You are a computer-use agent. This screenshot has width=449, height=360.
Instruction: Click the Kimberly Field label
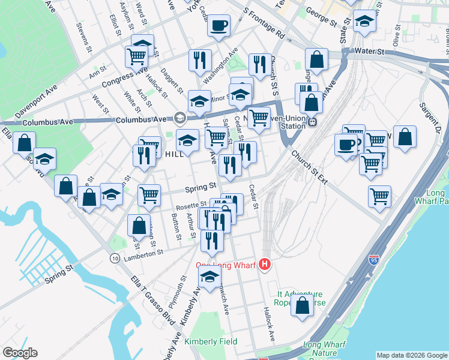click(210, 341)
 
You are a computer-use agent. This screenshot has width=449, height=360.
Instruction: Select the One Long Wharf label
click(226, 265)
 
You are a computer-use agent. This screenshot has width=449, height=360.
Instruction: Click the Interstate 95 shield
click(374, 260)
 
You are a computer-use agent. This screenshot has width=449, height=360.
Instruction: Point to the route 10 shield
click(114, 257)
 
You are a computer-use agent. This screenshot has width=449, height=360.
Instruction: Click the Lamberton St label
click(143, 254)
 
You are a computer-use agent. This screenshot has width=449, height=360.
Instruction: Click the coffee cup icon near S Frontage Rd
click(218, 26)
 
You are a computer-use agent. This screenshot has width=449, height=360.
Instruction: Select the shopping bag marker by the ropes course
click(302, 304)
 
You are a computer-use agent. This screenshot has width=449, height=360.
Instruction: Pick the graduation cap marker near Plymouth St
click(209, 278)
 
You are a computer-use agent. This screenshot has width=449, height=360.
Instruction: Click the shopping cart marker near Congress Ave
click(136, 58)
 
